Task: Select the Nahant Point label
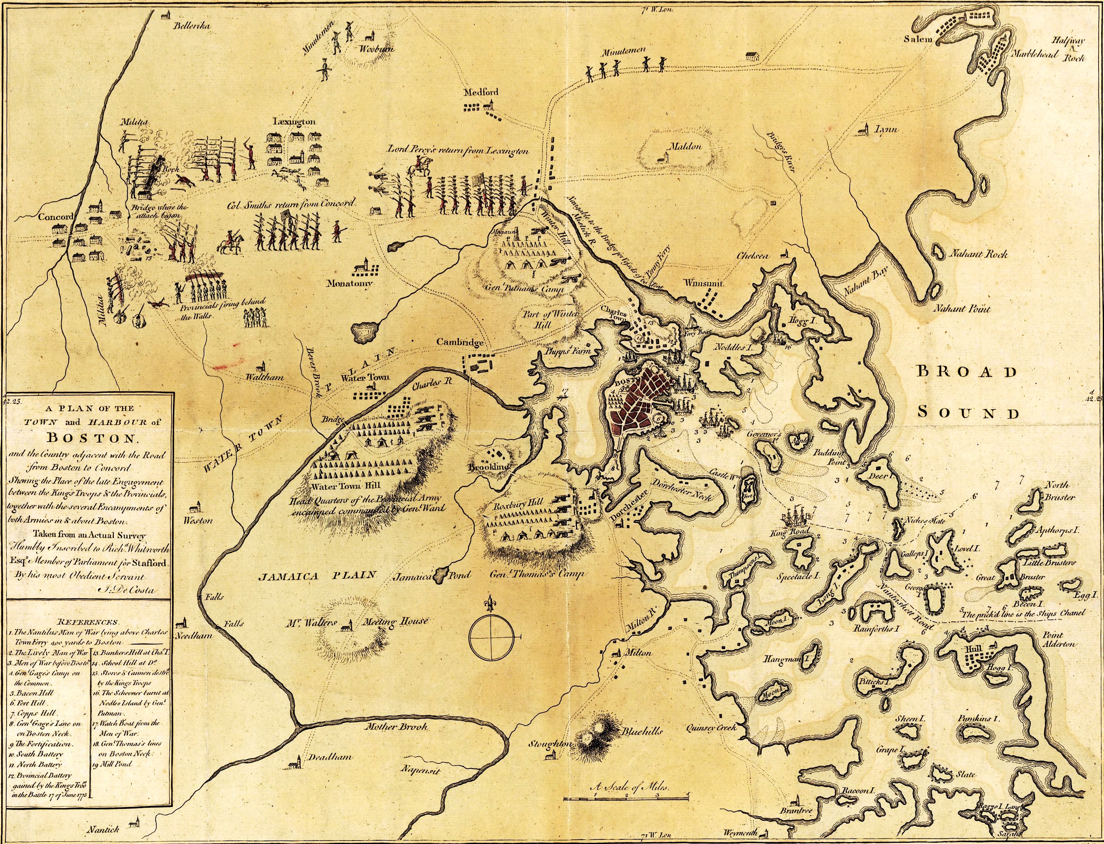(963, 309)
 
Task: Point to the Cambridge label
(459, 342)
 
